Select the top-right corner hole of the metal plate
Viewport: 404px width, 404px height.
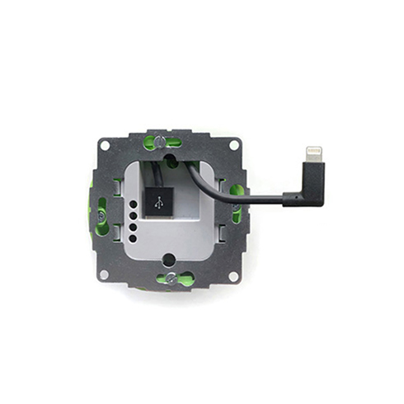[x=234, y=145]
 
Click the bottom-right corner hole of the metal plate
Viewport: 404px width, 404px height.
[x=234, y=273]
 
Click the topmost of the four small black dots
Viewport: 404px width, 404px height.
[x=132, y=209]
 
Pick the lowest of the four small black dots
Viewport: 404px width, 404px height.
[x=132, y=238]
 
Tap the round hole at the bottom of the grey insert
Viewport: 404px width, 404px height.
[x=168, y=260]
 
